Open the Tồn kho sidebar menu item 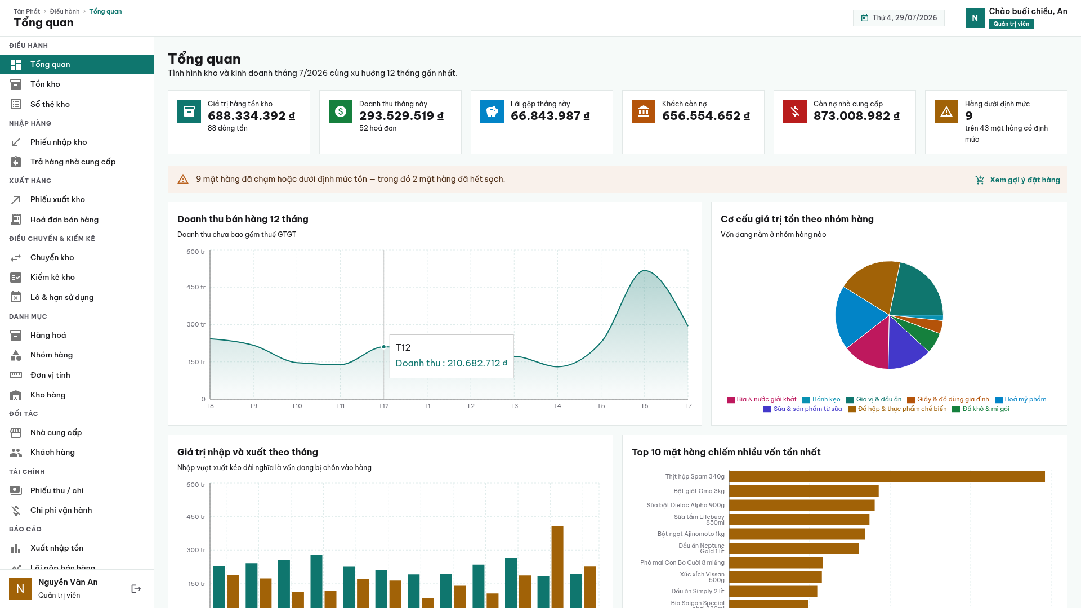(45, 84)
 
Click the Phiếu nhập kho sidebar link (59, 142)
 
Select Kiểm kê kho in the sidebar (52, 277)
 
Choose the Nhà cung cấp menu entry (56, 432)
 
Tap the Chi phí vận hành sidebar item (61, 510)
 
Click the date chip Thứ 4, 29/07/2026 (899, 18)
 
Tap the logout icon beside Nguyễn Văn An (136, 589)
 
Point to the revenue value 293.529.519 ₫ (401, 116)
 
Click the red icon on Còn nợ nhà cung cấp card (795, 111)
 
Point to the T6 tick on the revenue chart (645, 406)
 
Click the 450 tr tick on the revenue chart (196, 287)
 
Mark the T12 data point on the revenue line (384, 347)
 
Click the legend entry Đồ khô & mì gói (981, 409)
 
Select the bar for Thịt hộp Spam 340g (887, 477)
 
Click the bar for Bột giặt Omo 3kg (804, 491)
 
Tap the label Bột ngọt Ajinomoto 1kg (691, 534)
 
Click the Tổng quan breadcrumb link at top (105, 11)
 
